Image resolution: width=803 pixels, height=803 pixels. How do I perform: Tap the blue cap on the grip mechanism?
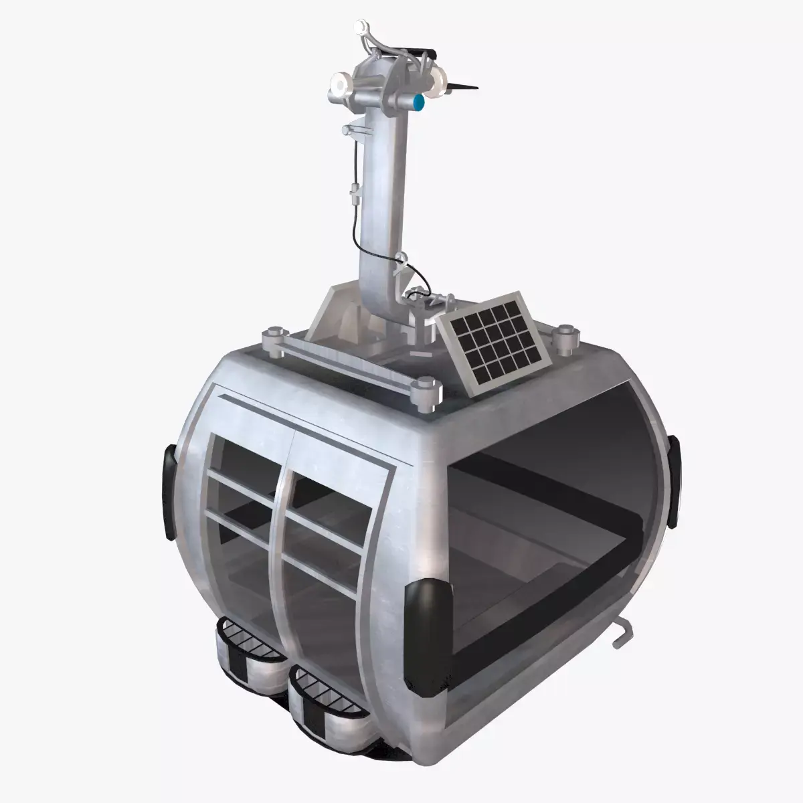(420, 102)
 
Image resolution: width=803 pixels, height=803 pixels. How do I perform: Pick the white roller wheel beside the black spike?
(439, 83)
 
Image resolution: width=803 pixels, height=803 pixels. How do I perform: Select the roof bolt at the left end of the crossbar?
(274, 337)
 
